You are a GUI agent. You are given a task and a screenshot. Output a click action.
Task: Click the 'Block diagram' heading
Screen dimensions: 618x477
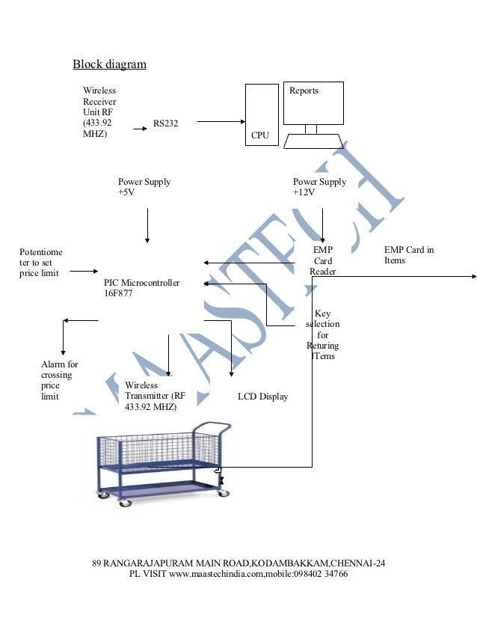pyautogui.click(x=109, y=64)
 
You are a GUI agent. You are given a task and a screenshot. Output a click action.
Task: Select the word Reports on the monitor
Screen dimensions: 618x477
pyautogui.click(x=304, y=91)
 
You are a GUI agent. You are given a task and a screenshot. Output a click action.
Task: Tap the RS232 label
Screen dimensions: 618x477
pyautogui.click(x=165, y=123)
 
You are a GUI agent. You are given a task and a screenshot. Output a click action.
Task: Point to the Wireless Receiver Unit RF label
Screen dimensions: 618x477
pyautogui.click(x=99, y=112)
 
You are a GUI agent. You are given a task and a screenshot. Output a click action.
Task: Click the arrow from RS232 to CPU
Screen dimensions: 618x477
pyautogui.click(x=222, y=121)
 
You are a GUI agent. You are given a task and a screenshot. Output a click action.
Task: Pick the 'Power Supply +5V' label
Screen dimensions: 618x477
pyautogui.click(x=144, y=187)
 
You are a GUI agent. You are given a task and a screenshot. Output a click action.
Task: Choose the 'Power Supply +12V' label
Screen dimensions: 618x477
pyautogui.click(x=319, y=187)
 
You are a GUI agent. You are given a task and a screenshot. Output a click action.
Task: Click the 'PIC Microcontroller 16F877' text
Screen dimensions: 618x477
pyautogui.click(x=142, y=289)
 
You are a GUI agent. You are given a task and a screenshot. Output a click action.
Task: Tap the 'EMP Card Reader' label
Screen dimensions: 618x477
pyautogui.click(x=323, y=260)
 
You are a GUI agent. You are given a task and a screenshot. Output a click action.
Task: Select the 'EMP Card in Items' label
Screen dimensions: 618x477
pyautogui.click(x=409, y=255)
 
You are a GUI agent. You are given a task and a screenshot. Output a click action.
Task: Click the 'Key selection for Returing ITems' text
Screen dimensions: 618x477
pyautogui.click(x=323, y=335)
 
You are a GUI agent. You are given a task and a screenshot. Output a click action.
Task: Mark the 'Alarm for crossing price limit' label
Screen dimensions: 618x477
pyautogui.click(x=59, y=380)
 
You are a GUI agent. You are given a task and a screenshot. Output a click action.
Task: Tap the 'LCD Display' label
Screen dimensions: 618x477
pyautogui.click(x=262, y=397)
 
